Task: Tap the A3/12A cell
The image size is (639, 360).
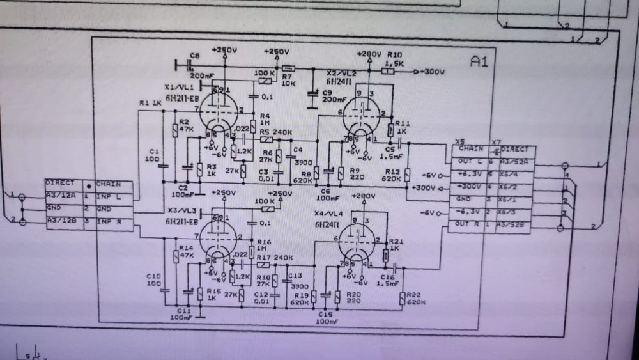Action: pyautogui.click(x=58, y=196)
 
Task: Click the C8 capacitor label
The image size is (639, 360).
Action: pyautogui.click(x=195, y=56)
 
